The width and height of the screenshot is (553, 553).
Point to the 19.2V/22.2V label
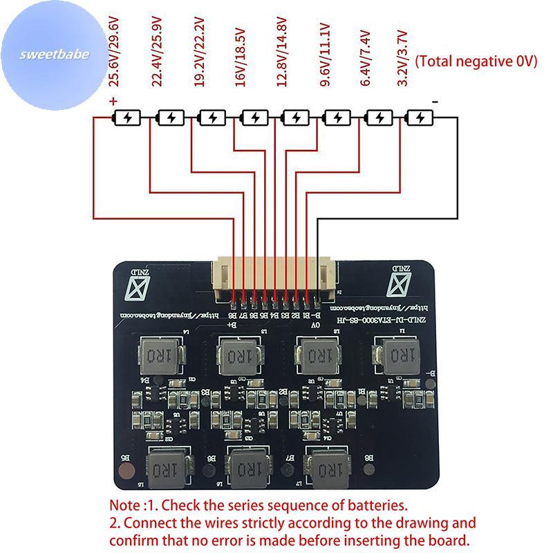[x=198, y=55]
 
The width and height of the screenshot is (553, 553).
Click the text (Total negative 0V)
[x=476, y=62]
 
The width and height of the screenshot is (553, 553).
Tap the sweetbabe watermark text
[x=55, y=55]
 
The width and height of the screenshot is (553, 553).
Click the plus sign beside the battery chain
[x=113, y=102]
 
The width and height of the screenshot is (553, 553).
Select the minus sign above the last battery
[x=435, y=102]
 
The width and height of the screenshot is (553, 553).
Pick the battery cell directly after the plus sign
[x=128, y=118]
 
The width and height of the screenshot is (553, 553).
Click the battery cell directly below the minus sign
[x=420, y=118]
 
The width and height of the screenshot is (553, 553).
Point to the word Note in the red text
[x=126, y=505]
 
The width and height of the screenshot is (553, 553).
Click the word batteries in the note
[x=375, y=505]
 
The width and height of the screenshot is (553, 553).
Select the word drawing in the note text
[x=397, y=523]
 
